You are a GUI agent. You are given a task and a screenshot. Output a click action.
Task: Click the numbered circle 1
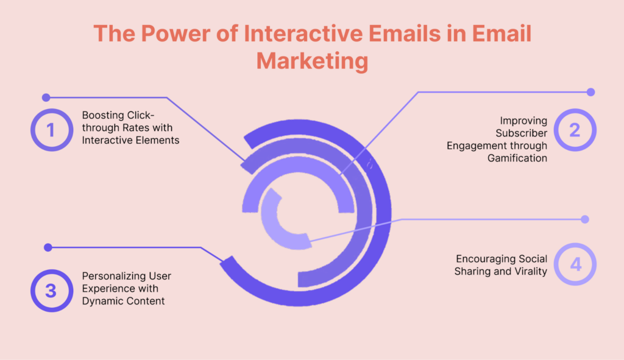tap(52, 130)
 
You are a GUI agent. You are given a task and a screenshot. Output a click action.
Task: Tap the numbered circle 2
tap(575, 130)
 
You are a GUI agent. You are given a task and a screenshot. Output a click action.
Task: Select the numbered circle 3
tap(52, 291)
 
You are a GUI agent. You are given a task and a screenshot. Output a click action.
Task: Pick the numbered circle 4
tap(575, 264)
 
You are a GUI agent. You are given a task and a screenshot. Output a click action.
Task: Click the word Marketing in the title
tap(313, 61)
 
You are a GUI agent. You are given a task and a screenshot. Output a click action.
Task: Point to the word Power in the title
tap(175, 34)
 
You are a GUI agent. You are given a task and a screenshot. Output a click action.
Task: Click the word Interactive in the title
tap(303, 34)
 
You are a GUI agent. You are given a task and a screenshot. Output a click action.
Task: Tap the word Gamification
tap(517, 158)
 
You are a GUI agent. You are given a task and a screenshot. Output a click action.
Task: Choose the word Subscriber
tap(522, 133)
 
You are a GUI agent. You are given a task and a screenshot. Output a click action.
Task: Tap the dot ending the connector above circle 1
tap(46, 97)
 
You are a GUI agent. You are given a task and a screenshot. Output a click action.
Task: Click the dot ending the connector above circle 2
tap(590, 93)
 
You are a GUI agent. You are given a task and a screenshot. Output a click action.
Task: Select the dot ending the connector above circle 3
tap(48, 247)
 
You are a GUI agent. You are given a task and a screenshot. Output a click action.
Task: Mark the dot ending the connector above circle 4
tap(584, 219)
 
